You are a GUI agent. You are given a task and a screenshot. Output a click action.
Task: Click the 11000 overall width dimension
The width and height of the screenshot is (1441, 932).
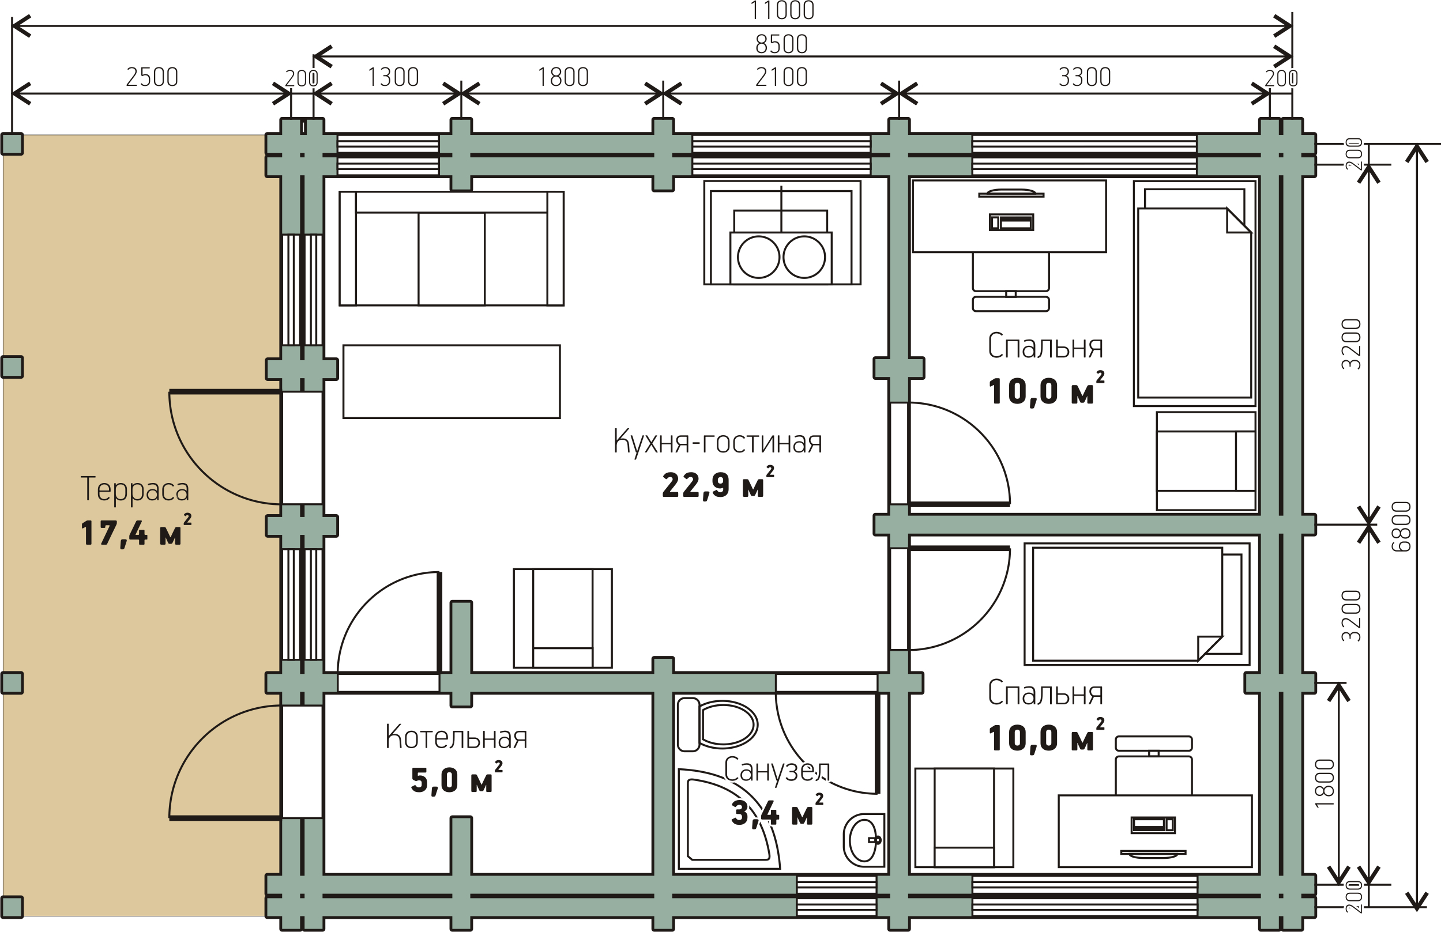click(x=782, y=10)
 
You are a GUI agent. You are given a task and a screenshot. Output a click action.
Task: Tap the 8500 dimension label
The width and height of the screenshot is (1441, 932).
click(x=782, y=44)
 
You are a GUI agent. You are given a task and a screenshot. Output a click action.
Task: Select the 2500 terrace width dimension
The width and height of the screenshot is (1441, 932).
click(x=152, y=77)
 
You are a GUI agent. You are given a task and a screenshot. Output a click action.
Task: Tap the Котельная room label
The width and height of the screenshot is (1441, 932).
click(x=457, y=737)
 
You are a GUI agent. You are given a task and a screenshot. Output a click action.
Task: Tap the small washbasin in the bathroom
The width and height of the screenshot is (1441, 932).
click(x=864, y=840)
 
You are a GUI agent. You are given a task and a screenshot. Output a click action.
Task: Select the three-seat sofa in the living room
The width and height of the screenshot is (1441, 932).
click(x=452, y=249)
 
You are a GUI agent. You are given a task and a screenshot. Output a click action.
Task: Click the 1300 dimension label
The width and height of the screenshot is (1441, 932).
click(x=393, y=77)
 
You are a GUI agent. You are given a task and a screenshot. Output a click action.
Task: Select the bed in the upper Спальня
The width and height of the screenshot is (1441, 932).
click(x=1195, y=293)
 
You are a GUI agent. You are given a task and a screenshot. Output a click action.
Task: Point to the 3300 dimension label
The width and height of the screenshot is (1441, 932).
click(x=1085, y=77)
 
